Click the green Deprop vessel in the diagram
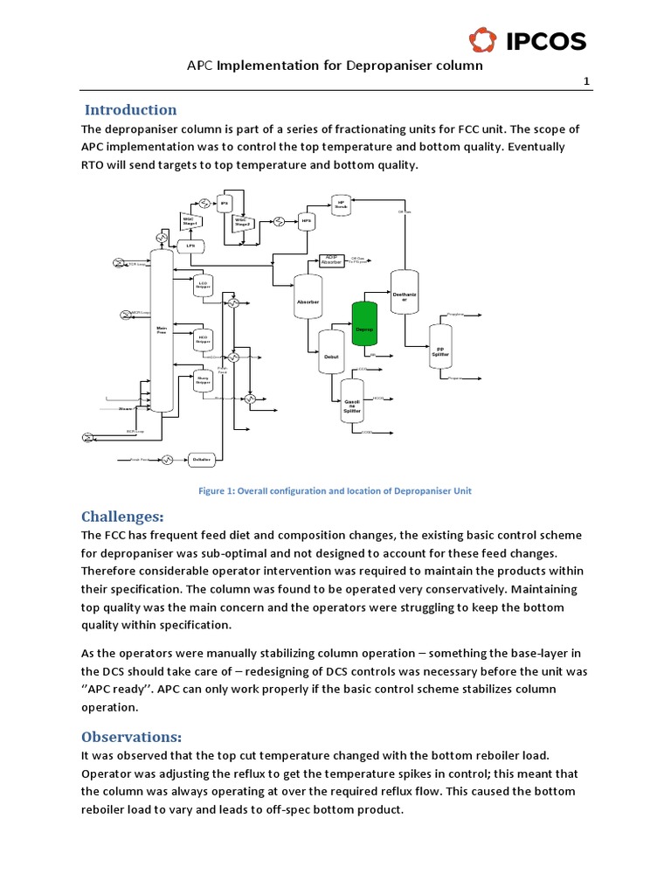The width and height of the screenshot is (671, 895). (x=363, y=324)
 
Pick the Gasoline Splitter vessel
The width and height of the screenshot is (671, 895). (x=352, y=403)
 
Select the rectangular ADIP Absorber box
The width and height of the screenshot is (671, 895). (x=332, y=260)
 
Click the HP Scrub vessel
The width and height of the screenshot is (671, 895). (x=342, y=205)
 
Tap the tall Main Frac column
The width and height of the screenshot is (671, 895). (x=161, y=330)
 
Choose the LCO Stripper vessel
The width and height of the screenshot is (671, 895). (x=203, y=286)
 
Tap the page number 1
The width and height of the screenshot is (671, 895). (x=587, y=82)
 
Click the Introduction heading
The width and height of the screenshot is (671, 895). (x=130, y=110)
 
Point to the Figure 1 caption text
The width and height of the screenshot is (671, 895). (x=335, y=491)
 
